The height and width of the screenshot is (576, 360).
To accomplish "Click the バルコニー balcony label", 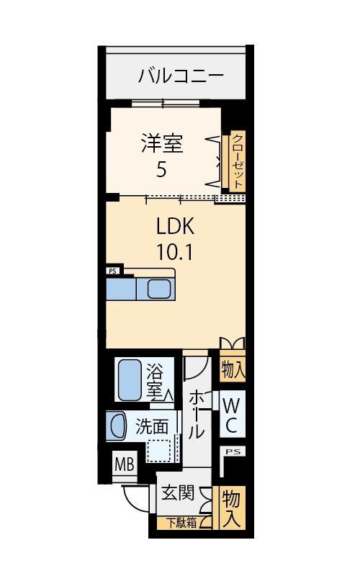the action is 181,76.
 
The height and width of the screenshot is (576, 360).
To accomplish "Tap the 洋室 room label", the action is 162,143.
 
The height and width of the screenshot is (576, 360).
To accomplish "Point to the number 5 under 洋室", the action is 161,169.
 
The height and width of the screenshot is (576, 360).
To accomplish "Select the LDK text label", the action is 175,226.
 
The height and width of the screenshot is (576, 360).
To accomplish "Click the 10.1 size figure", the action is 175,252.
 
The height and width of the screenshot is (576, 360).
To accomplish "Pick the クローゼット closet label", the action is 238,161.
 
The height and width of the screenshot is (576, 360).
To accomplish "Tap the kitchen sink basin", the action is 159,289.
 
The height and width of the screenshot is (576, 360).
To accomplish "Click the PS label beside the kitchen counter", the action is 112,271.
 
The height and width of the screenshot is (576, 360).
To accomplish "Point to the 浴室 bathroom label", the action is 155,380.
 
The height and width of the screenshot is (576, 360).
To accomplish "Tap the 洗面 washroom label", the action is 152,426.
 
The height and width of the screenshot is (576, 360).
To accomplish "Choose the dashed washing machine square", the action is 160,451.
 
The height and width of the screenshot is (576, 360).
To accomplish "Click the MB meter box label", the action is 125,464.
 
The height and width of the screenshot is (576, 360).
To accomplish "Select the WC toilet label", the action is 231,416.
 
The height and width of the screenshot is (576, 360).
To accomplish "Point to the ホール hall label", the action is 197,414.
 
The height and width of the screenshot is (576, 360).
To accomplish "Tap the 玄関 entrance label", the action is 178,492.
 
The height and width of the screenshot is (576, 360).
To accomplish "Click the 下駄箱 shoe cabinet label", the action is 182,523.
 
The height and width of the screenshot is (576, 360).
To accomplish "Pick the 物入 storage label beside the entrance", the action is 231,508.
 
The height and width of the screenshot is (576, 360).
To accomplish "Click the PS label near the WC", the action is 233,451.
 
